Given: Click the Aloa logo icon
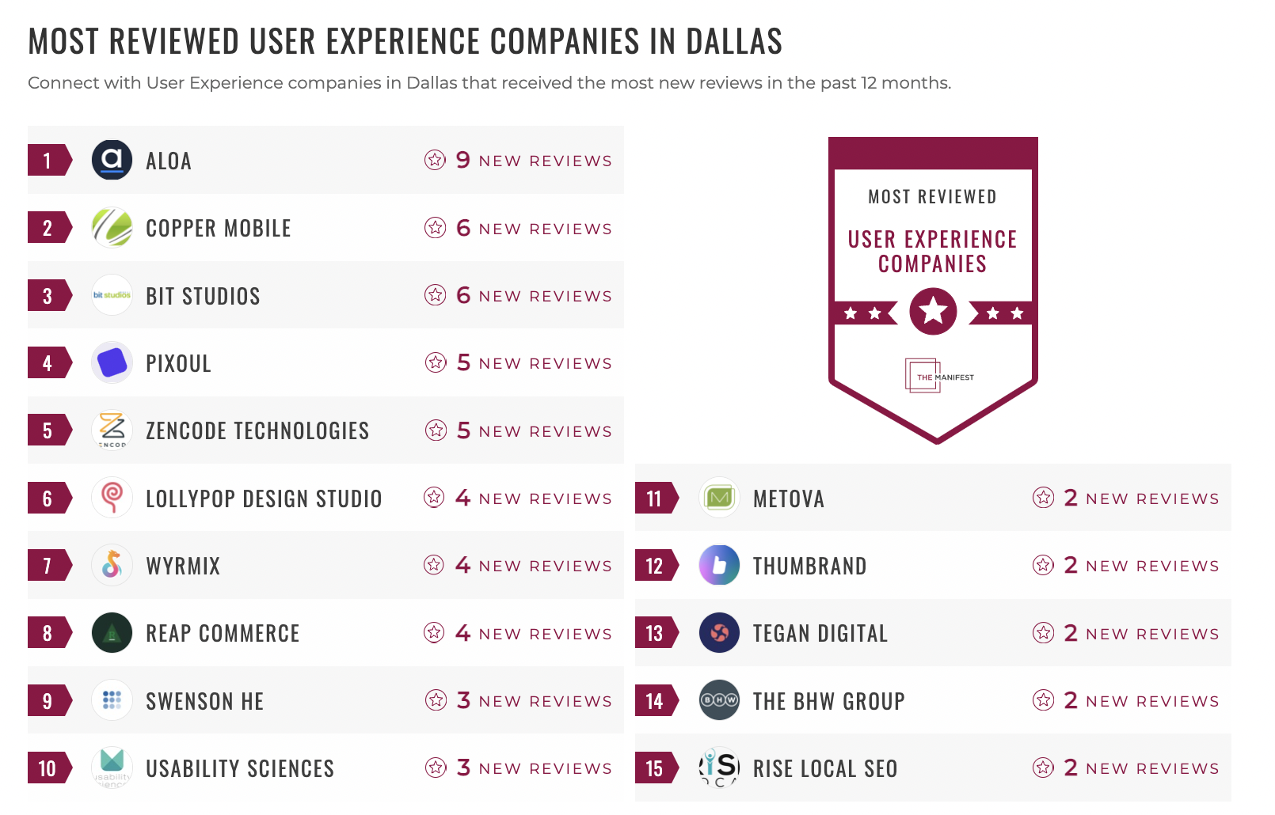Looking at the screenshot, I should pyautogui.click(x=112, y=160).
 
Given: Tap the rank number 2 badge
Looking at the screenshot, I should pyautogui.click(x=48, y=228).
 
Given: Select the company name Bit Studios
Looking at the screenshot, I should pyautogui.click(x=203, y=296).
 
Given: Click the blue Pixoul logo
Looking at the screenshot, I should pyautogui.click(x=112, y=363).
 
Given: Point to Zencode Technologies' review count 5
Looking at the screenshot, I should pyautogui.click(x=463, y=430).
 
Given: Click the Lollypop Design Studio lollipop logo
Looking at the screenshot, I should pyautogui.click(x=112, y=498).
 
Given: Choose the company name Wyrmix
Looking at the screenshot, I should pyautogui.click(x=183, y=566).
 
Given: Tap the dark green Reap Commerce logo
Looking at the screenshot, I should pyautogui.click(x=112, y=633).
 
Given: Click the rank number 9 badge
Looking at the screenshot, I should pyautogui.click(x=48, y=701).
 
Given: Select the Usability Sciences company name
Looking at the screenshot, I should pyautogui.click(x=240, y=768).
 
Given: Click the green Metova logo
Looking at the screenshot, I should pyautogui.click(x=719, y=498).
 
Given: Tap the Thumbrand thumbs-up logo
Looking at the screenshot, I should pyautogui.click(x=719, y=566).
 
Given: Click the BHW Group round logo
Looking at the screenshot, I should pyautogui.click(x=719, y=700).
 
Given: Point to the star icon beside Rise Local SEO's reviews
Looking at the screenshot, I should pyautogui.click(x=1043, y=768).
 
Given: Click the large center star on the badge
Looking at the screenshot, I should pyautogui.click(x=933, y=311).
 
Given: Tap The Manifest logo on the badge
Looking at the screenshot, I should pyautogui.click(x=939, y=377).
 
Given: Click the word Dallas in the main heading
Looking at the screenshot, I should pyautogui.click(x=734, y=41).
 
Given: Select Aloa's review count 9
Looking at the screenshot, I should pyautogui.click(x=463, y=160).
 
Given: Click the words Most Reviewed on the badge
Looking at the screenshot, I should pyautogui.click(x=932, y=197).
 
